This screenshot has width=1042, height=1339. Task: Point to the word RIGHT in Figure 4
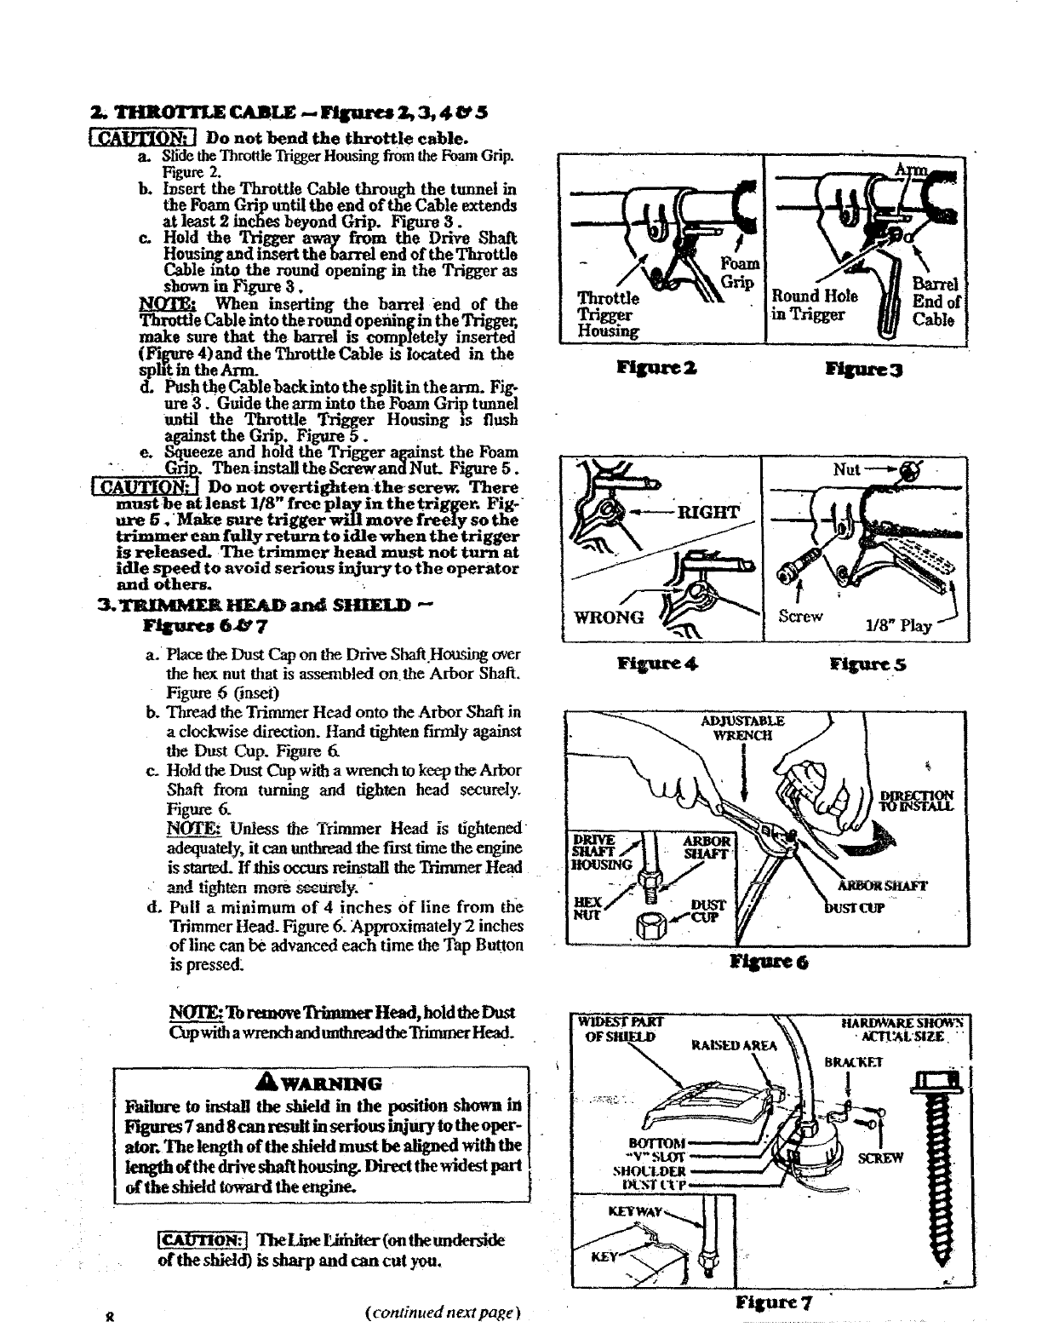coord(707,512)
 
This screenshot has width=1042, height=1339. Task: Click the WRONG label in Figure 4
coord(610,618)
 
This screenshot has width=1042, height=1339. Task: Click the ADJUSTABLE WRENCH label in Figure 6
coord(742,727)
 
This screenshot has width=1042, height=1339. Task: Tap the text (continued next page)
coord(441,1313)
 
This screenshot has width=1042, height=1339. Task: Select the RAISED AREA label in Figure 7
coord(736,1046)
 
